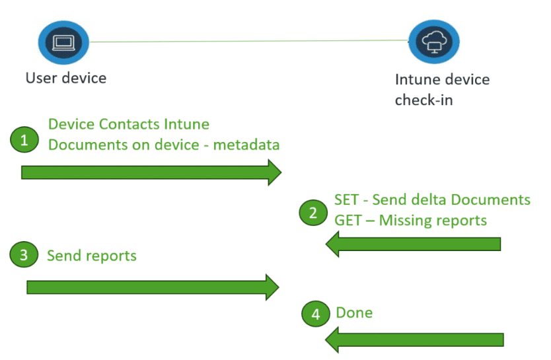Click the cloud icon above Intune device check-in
(434, 42)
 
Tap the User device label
(66, 78)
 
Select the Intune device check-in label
(442, 90)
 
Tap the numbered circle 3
(24, 256)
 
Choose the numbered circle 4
(316, 314)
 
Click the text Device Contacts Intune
(129, 124)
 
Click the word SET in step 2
(347, 199)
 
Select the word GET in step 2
(348, 220)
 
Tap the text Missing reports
(433, 220)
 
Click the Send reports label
(92, 256)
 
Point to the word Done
(354, 312)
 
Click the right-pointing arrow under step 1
(151, 172)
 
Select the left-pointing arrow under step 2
(413, 244)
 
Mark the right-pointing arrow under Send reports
(153, 287)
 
